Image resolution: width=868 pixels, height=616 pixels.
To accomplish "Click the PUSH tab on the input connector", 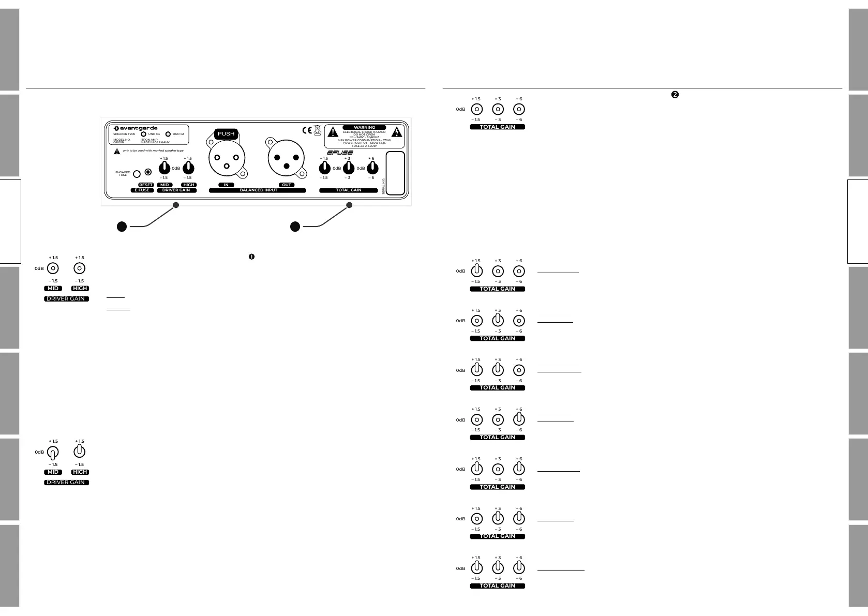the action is click(x=226, y=134).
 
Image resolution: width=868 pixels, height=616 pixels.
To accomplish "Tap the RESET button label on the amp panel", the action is click(x=146, y=185).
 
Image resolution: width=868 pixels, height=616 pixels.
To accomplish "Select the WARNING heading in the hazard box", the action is click(x=364, y=127).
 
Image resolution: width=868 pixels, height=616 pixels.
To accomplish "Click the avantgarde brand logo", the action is click(x=136, y=128).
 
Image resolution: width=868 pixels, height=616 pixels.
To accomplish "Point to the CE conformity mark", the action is click(x=307, y=130).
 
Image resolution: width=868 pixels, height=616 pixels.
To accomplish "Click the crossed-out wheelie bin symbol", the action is click(x=317, y=130).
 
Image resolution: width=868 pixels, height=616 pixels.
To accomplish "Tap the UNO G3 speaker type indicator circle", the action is click(x=144, y=134).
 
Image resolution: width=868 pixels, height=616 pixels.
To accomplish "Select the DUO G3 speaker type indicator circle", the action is click(x=168, y=134).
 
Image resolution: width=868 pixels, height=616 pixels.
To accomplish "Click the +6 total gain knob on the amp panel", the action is click(x=372, y=168).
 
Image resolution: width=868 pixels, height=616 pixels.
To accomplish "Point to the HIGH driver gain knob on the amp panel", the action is click(x=189, y=168).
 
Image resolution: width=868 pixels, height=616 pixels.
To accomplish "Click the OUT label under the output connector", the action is click(x=287, y=185).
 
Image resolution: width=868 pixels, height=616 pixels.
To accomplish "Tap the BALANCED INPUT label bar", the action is click(x=258, y=190).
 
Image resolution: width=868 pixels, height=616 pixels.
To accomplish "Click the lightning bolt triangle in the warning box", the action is click(x=397, y=131).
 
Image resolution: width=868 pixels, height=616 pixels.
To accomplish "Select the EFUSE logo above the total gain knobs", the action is click(x=340, y=153).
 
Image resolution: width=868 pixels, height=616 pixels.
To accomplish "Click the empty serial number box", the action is click(x=396, y=173).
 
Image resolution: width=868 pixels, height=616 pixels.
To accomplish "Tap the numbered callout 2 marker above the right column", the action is click(x=675, y=95).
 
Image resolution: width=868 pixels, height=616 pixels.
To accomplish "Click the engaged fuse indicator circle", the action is click(x=137, y=174).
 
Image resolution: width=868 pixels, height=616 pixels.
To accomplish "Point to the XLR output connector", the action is click(x=287, y=157).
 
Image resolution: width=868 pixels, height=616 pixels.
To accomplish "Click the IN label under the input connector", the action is click(x=226, y=185).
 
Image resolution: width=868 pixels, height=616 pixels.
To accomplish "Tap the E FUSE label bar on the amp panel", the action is click(x=142, y=190).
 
